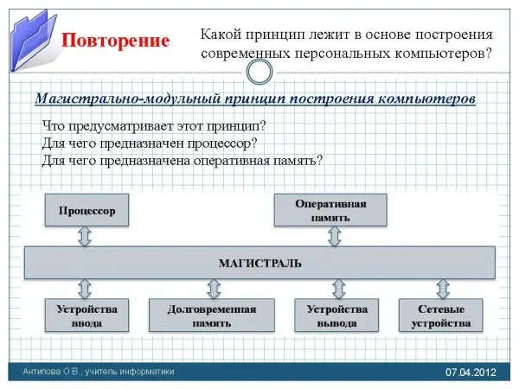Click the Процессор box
86,211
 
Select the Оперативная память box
330,211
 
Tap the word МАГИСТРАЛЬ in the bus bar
259,261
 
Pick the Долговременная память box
212,316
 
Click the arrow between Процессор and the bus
85,236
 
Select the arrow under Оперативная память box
330,236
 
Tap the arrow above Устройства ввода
85,288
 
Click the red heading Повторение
115,41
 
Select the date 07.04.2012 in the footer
471,372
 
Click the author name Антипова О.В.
54,372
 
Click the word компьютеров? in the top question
450,53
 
